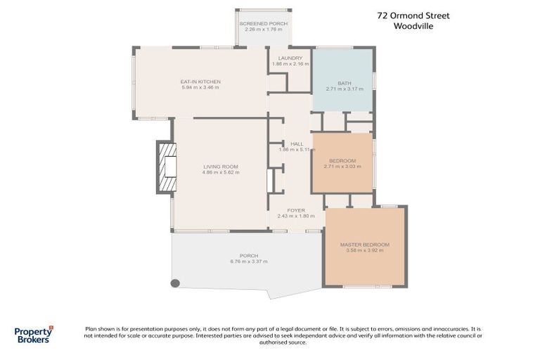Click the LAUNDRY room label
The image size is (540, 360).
[x=290, y=58]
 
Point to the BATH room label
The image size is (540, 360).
[x=342, y=83]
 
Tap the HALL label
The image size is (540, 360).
[x=296, y=143]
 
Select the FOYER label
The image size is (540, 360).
[x=295, y=209]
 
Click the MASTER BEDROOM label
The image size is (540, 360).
[x=364, y=245]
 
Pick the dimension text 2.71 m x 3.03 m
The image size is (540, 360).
[x=342, y=167]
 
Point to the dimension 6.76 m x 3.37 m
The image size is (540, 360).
[x=248, y=262]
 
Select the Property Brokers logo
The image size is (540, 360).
[x=33, y=335]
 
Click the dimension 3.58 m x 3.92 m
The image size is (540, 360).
[x=364, y=250]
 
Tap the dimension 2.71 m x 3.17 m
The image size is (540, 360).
[x=342, y=89]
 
